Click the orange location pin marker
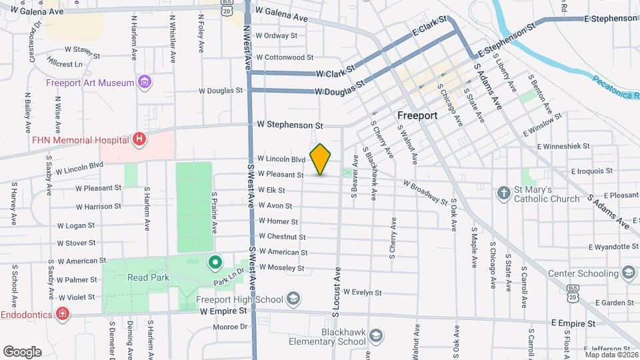321,159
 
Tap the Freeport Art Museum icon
144,83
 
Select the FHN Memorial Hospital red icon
139,140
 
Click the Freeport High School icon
291,299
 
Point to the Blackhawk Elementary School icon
375,335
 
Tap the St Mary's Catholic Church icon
504,193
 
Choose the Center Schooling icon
628,273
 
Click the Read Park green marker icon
215,262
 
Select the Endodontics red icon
62,313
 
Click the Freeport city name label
417,115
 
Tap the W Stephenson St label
290,125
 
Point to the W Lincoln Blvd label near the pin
281,159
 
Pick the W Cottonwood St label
285,58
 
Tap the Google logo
22,351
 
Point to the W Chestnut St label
282,237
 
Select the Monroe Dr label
230,327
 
